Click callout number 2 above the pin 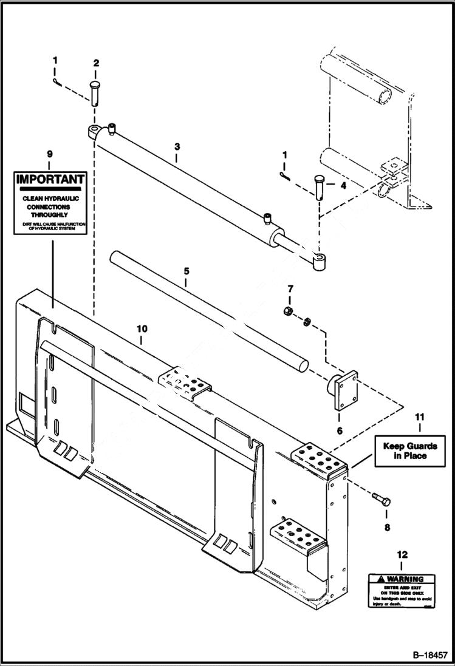96,63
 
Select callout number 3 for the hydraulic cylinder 177,146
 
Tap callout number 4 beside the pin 343,186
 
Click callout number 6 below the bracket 339,430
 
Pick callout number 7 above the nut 290,288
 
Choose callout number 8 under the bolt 387,528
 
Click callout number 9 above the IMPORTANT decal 49,154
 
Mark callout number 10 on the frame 142,328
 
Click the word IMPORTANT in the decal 50,180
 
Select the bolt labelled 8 382,500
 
